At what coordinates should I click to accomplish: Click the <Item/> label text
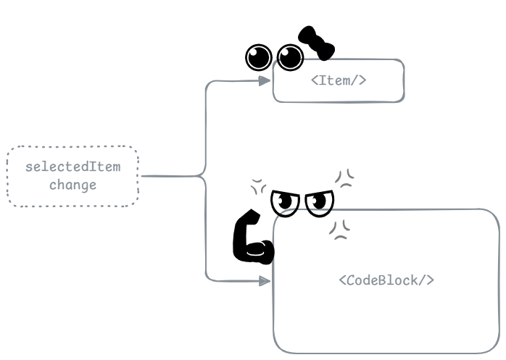click(x=339, y=80)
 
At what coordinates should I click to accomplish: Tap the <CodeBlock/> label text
click(x=386, y=280)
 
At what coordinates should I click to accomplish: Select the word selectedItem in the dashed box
click(x=72, y=167)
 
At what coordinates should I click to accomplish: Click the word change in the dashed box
click(x=72, y=185)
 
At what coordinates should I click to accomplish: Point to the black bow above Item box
click(x=317, y=42)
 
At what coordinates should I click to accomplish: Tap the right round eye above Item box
click(x=291, y=56)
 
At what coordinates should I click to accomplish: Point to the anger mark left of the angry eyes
click(x=258, y=186)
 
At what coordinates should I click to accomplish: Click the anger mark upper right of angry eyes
click(x=345, y=178)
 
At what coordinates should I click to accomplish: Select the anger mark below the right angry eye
click(x=338, y=229)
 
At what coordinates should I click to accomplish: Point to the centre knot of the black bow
click(x=317, y=42)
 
